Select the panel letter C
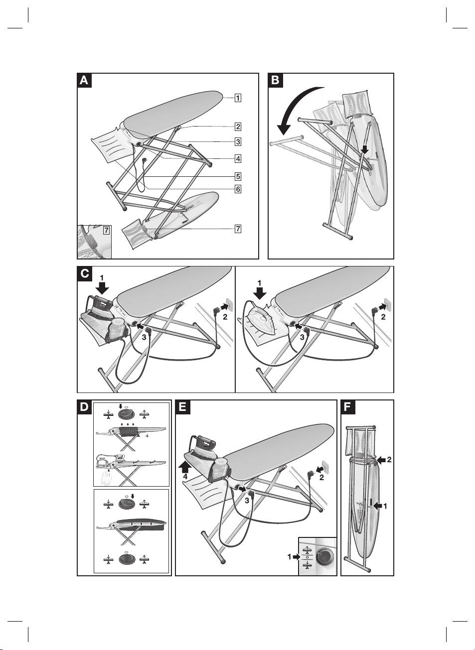pyautogui.click(x=84, y=273)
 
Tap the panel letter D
pyautogui.click(x=84, y=407)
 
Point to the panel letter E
pyautogui.click(x=183, y=407)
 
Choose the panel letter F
pyautogui.click(x=348, y=407)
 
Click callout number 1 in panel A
pyautogui.click(x=238, y=98)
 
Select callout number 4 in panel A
pyautogui.click(x=238, y=159)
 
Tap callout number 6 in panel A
pyautogui.click(x=238, y=189)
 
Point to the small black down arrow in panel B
pyautogui.click(x=365, y=149)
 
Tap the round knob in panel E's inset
pyautogui.click(x=325, y=556)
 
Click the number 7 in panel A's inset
pyautogui.click(x=106, y=231)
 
